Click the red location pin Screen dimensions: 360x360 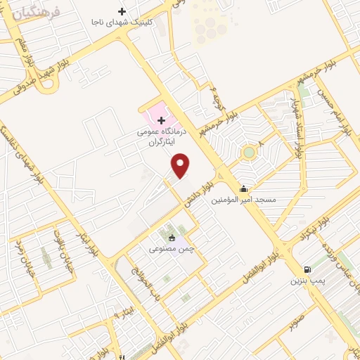[181, 165]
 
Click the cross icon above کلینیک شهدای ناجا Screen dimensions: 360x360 [122, 11]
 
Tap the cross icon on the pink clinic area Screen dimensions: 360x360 [161, 121]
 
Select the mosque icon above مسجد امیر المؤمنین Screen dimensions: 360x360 [244, 188]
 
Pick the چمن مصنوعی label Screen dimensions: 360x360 [172, 248]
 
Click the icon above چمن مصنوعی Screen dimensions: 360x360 [172, 237]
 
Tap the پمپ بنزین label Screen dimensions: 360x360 [307, 281]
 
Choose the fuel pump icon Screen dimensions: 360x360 [307, 269]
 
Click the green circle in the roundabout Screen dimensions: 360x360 [248, 153]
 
